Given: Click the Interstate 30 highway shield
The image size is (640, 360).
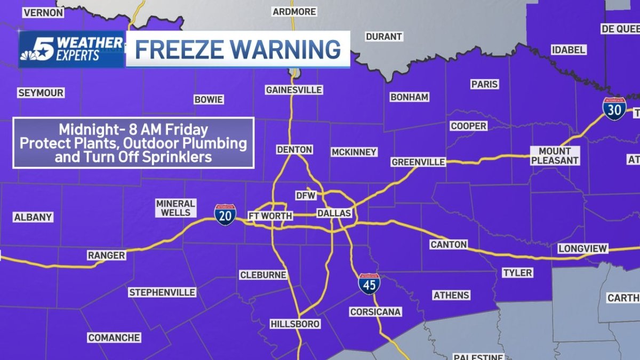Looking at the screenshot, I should (614, 109).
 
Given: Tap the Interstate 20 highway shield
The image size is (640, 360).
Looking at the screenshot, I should (226, 214).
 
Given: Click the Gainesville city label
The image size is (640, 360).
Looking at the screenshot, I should (294, 90).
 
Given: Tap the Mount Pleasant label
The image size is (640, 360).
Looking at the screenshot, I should (555, 155).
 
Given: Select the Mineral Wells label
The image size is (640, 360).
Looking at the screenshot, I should (175, 208).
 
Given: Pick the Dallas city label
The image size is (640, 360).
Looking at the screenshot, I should (334, 213).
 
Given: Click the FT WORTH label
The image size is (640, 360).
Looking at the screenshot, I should (270, 215).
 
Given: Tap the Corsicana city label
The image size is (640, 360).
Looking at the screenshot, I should (375, 311).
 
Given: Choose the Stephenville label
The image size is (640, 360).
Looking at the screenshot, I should (162, 292).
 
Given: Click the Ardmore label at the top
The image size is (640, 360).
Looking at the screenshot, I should (294, 11).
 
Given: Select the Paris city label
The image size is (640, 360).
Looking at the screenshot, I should (484, 84).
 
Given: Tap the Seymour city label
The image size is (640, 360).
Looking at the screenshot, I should (41, 93).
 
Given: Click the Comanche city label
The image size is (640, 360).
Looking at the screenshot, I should (114, 338).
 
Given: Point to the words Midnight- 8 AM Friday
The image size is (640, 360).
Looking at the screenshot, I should (133, 130).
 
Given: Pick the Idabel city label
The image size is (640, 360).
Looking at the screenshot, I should (569, 50).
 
